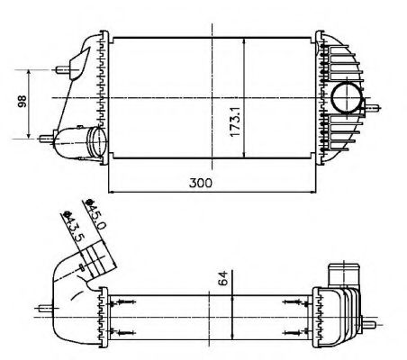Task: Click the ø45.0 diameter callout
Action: point(94,213)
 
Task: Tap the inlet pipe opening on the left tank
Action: point(93,141)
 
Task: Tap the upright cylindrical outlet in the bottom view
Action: point(341,273)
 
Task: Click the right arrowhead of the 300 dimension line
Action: point(315,191)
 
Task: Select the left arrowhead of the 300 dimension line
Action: point(111,191)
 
